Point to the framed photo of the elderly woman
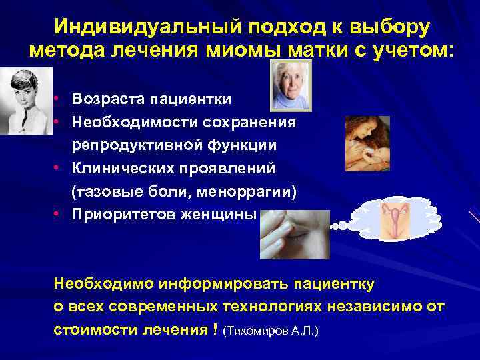coord(291,85)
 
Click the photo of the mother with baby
coord(367,143)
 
